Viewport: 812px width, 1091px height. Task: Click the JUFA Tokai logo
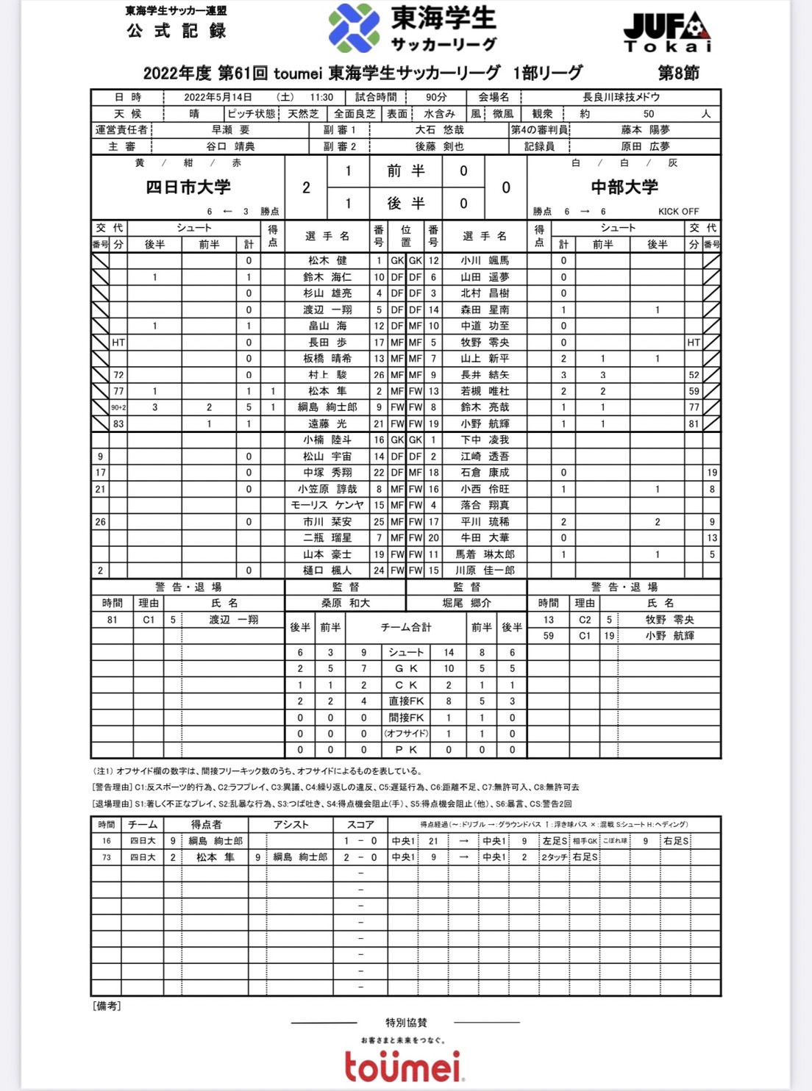click(667, 32)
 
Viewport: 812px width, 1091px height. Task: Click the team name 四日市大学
click(188, 187)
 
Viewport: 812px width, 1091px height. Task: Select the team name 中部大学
click(624, 187)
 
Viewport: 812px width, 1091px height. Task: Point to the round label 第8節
click(678, 73)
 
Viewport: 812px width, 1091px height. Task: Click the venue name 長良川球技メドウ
click(621, 97)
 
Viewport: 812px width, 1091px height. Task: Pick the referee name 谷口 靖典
click(230, 146)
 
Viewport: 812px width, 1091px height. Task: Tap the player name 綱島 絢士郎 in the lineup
click(327, 407)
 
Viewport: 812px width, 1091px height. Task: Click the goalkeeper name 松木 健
click(327, 260)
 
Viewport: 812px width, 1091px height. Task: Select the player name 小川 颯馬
click(485, 260)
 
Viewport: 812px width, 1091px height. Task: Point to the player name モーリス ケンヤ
click(327, 505)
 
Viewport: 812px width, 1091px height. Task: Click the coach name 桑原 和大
click(345, 603)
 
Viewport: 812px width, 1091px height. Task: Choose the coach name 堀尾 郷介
click(466, 603)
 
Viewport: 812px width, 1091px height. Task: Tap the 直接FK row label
click(406, 701)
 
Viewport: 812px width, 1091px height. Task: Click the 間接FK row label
click(406, 718)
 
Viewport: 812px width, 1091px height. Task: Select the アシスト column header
click(291, 825)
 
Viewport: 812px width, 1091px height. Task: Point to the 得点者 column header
click(207, 825)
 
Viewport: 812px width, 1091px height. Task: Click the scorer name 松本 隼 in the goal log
click(215, 857)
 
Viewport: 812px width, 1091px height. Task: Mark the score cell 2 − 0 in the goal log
click(360, 857)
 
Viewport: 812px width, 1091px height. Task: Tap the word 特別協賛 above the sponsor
click(406, 1023)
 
